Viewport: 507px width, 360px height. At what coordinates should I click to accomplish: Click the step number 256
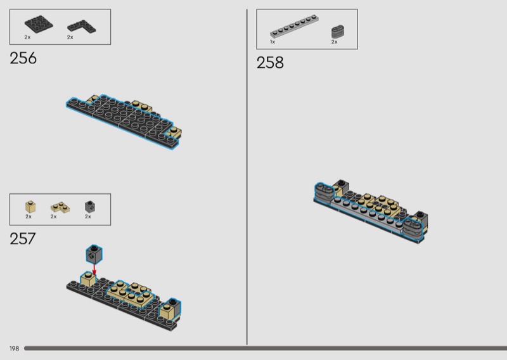tap(23, 58)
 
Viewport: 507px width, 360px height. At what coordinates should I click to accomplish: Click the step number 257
tap(23, 239)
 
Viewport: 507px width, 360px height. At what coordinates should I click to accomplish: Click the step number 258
tap(270, 62)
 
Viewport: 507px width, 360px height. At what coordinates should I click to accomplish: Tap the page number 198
tap(14, 349)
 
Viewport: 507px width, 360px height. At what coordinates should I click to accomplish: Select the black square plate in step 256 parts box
tap(39, 24)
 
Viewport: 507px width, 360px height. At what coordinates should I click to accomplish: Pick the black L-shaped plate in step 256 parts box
tap(82, 27)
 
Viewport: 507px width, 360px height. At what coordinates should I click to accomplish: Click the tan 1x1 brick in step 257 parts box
tap(30, 207)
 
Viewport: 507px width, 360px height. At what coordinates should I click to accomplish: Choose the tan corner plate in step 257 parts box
tap(60, 207)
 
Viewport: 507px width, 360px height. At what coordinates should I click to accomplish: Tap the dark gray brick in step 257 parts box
tap(90, 207)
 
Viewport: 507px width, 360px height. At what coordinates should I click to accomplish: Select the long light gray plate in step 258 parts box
tap(294, 26)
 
